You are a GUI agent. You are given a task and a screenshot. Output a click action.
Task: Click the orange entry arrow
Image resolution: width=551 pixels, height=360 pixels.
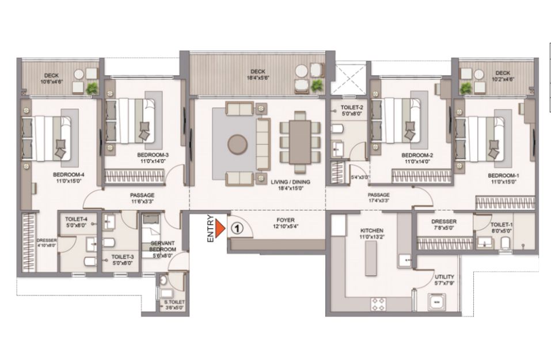(x=220, y=229)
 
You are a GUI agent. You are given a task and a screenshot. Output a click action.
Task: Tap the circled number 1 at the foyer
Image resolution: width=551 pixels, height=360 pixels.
(x=237, y=229)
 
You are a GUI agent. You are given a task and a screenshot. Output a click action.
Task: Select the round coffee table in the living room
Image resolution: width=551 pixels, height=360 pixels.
(x=238, y=145)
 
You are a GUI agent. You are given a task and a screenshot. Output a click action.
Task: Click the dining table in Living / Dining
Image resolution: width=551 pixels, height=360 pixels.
(x=300, y=142)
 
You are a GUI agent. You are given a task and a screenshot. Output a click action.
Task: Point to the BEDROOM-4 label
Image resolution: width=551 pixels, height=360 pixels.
(x=69, y=175)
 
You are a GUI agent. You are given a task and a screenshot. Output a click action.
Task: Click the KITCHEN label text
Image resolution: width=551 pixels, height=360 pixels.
(x=372, y=230)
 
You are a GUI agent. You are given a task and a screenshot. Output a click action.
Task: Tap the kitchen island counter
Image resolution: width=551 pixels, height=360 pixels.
(x=371, y=259)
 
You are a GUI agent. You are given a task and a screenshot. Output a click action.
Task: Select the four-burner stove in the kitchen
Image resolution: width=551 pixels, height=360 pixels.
(x=378, y=304)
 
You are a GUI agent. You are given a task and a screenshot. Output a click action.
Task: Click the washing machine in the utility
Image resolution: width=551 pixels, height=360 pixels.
(x=437, y=302)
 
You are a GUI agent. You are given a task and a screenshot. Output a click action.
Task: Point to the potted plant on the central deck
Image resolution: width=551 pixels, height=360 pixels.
(x=317, y=85)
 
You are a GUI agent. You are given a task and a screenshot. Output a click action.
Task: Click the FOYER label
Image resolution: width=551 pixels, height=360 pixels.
(x=286, y=221)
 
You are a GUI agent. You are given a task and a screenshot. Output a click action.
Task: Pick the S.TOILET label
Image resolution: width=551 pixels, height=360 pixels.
(x=174, y=302)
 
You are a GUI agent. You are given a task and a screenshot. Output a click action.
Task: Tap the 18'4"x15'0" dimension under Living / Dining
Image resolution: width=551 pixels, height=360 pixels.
(x=291, y=188)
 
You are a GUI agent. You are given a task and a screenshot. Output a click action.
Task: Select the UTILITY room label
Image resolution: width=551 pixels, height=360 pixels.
(x=444, y=277)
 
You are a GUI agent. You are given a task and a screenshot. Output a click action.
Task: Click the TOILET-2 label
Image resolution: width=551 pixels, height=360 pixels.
(x=352, y=108)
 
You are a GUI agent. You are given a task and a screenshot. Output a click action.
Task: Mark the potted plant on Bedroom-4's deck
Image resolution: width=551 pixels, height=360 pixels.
(x=92, y=88)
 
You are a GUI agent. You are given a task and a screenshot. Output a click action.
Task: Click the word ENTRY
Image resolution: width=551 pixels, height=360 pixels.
(x=211, y=229)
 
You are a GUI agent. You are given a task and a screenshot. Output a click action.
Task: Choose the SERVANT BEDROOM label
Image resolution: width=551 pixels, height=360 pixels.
(x=163, y=246)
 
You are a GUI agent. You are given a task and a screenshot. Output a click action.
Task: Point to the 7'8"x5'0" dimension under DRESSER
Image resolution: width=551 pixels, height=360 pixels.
(x=444, y=228)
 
